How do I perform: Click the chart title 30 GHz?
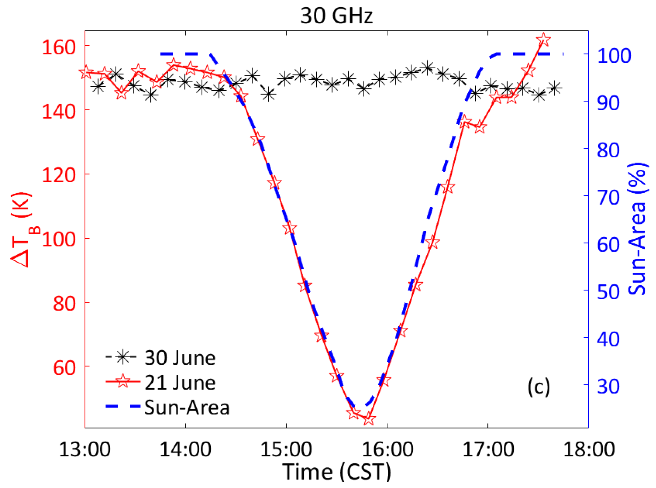(x=336, y=16)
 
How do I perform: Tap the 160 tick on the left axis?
(x=59, y=47)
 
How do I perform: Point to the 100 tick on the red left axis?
(x=59, y=240)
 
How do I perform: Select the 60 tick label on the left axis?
(x=64, y=368)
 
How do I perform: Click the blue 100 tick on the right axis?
(x=614, y=56)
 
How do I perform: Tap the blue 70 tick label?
(x=608, y=197)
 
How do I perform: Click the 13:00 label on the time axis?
(x=85, y=449)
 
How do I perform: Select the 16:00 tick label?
(x=387, y=449)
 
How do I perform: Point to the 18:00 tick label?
(x=589, y=449)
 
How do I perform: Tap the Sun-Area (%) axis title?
(x=637, y=229)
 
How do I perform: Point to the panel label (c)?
(x=539, y=386)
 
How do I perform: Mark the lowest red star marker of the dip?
(x=369, y=418)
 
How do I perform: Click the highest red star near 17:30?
(x=544, y=40)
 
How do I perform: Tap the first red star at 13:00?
(x=86, y=72)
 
